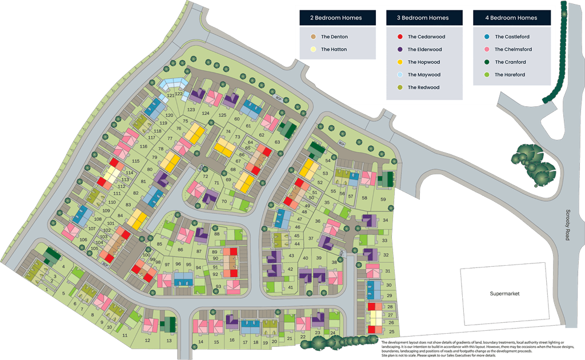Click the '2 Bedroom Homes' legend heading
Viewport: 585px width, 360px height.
click(336, 18)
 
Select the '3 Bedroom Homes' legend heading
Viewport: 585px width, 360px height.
click(423, 18)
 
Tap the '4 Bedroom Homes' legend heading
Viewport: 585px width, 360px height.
click(511, 18)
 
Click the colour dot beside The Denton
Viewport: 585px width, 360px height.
click(313, 37)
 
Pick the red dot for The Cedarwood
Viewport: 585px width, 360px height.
click(400, 37)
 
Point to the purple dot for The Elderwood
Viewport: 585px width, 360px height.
click(400, 49)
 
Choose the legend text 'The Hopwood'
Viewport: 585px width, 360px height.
click(424, 62)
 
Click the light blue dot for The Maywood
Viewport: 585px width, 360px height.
click(400, 75)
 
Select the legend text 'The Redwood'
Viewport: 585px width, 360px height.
click(424, 87)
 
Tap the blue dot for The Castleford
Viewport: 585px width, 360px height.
click(487, 37)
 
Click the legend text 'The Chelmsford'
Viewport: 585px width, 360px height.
click(514, 50)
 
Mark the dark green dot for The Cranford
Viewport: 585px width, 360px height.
click(487, 62)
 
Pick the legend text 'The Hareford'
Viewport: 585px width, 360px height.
click(510, 75)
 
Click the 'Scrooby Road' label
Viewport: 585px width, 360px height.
click(567, 225)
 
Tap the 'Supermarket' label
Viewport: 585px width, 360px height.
click(506, 294)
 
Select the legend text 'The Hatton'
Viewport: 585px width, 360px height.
click(334, 50)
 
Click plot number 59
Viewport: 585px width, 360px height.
click(383, 199)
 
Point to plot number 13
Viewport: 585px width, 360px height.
click(169, 341)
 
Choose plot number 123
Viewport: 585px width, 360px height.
click(191, 109)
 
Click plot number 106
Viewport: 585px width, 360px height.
click(84, 240)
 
